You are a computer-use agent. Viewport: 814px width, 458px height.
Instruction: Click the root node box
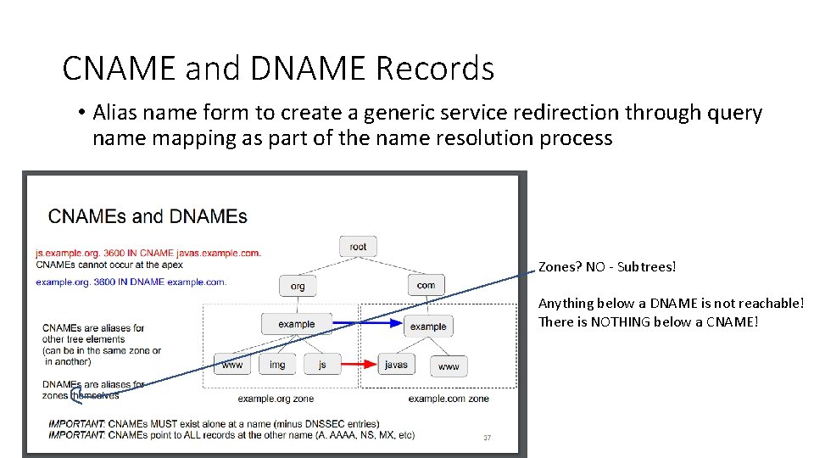(358, 247)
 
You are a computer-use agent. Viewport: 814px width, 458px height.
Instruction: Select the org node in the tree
(298, 286)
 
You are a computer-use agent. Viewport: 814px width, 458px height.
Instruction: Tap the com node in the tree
(426, 285)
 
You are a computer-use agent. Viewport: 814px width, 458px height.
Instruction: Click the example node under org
(296, 324)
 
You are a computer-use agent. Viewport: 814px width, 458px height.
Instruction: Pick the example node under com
(428, 326)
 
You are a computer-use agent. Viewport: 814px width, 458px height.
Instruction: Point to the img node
(277, 365)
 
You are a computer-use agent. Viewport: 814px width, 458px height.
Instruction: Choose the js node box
(322, 365)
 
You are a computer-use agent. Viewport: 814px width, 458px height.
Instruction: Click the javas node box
(396, 365)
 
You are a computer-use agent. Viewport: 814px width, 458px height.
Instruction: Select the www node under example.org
(231, 365)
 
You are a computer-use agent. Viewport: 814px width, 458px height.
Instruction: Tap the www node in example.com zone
(449, 366)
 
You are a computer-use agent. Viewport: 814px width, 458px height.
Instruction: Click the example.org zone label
(276, 399)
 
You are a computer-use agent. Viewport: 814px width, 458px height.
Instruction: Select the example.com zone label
(449, 399)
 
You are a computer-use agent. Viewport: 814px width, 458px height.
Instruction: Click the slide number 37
(487, 438)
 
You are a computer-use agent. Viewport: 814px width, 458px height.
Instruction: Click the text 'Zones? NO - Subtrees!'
(608, 267)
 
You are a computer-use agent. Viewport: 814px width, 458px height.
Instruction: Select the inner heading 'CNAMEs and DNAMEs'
(148, 215)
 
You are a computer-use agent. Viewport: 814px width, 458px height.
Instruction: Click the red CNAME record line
(148, 253)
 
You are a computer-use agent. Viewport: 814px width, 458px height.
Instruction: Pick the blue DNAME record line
(131, 281)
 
